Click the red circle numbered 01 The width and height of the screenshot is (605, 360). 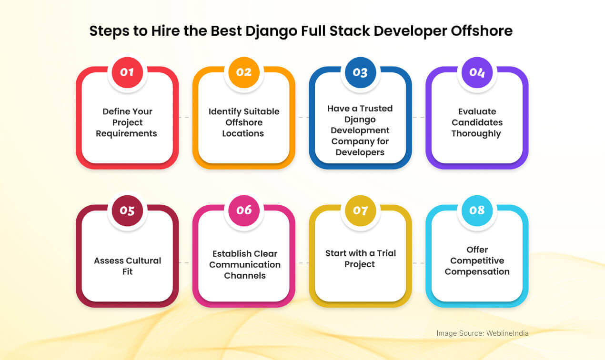[127, 72]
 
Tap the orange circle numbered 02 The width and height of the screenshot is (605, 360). [244, 72]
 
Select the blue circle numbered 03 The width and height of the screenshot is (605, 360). [360, 72]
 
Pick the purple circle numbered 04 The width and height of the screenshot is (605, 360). [477, 72]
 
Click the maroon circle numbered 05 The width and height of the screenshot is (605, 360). [127, 210]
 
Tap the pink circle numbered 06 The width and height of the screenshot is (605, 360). [244, 210]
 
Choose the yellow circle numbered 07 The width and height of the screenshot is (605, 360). [360, 210]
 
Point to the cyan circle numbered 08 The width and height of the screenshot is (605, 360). [477, 210]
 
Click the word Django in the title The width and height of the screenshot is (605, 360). [271, 31]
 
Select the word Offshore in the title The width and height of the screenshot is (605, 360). [482, 31]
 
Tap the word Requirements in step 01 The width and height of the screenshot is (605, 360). [126, 133]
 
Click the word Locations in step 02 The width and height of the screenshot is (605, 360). [243, 133]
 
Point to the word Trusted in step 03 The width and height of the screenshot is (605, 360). [376, 108]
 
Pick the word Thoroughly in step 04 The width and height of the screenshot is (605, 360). [476, 134]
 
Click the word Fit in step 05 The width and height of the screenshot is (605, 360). [128, 271]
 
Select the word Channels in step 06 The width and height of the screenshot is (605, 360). [245, 275]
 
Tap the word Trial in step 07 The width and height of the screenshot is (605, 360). [386, 253]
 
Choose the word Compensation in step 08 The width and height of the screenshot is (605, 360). [477, 272]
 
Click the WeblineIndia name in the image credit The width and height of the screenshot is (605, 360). [507, 333]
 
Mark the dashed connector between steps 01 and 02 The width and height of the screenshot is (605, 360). [184, 117]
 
